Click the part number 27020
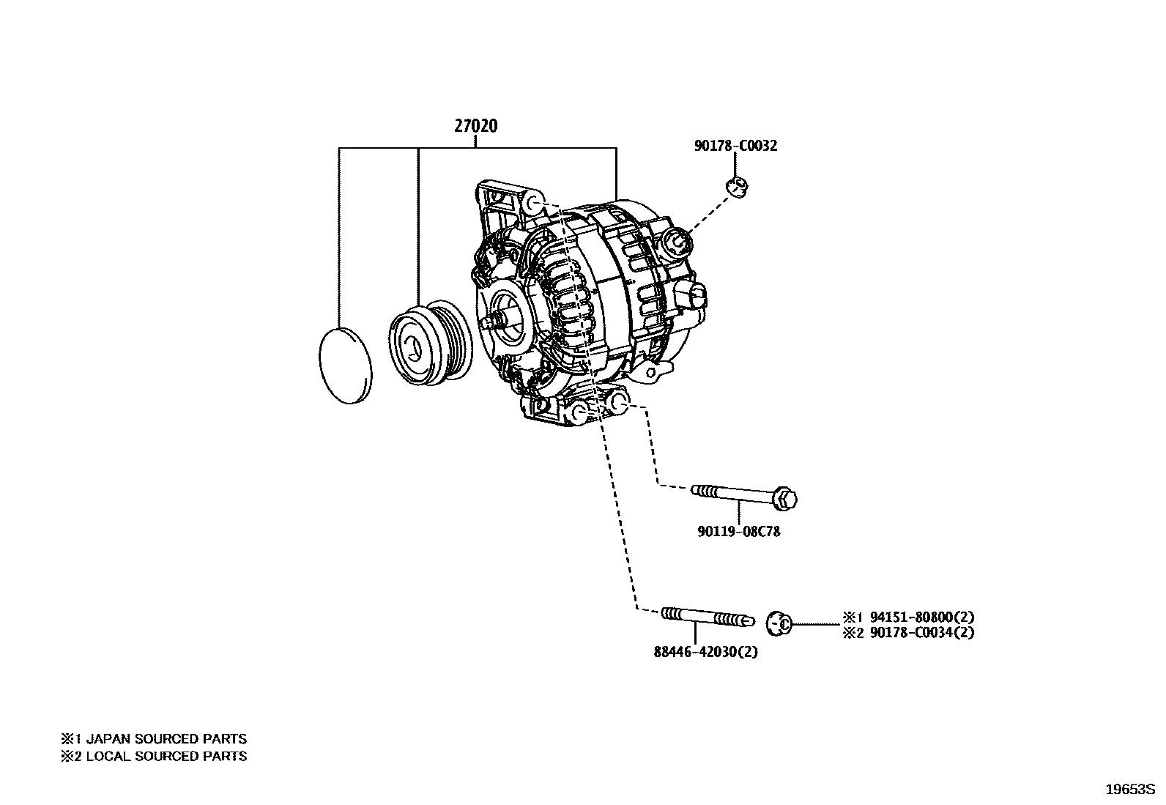pos(475,126)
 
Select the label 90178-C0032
pos(735,146)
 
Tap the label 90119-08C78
pos(738,532)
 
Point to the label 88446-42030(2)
pos(705,652)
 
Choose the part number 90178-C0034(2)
pos(922,633)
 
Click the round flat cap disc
pos(346,365)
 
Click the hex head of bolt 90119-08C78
pos(785,499)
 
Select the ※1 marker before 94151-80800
pos(853,617)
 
